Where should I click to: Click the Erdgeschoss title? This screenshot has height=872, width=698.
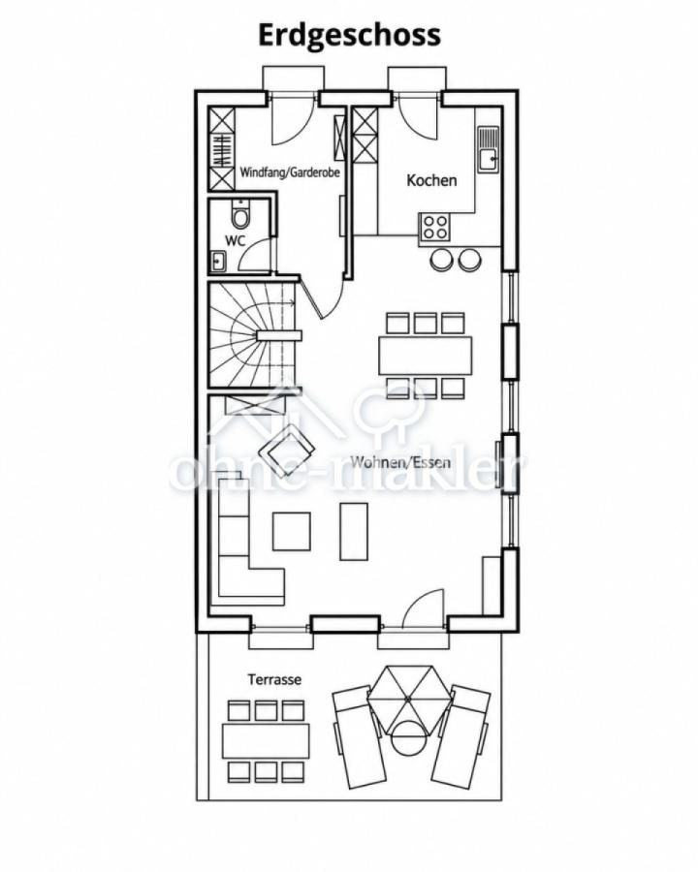(349, 36)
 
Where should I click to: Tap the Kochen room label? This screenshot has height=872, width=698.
(431, 180)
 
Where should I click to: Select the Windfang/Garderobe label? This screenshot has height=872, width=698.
(290, 171)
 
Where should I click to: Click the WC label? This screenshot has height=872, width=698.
(235, 241)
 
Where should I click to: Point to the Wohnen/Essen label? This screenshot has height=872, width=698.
(400, 461)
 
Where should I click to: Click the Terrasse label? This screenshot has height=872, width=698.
(274, 679)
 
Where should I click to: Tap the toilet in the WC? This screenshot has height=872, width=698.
(240, 214)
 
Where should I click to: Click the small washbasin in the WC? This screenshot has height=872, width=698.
(217, 261)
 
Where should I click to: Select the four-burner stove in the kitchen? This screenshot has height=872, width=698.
(434, 227)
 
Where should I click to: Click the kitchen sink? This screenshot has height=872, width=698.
(489, 148)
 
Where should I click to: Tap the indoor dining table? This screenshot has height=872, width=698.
(426, 356)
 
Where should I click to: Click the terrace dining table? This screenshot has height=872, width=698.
(266, 741)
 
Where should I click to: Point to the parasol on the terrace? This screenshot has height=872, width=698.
(407, 698)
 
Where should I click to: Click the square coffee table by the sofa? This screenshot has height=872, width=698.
(291, 531)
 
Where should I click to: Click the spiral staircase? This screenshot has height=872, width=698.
(255, 335)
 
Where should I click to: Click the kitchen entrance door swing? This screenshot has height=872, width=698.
(419, 117)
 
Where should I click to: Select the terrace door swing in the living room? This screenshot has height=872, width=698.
(423, 609)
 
